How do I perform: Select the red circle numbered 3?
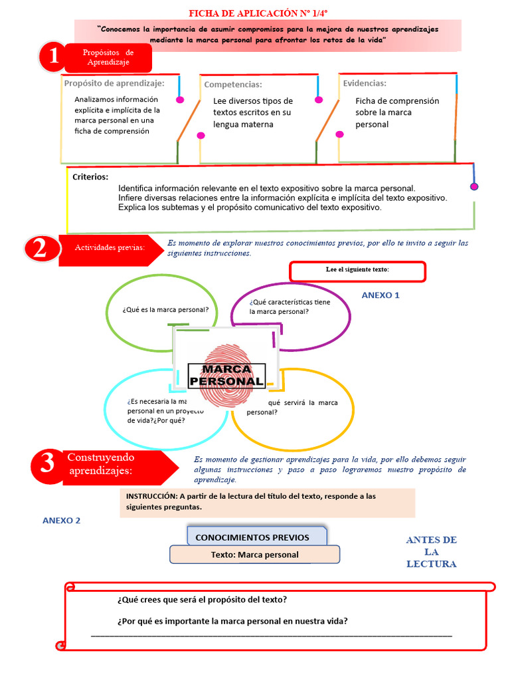[47, 464]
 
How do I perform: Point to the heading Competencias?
[233, 84]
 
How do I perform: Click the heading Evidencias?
[365, 83]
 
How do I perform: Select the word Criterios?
[90, 177]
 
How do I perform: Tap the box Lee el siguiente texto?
[357, 271]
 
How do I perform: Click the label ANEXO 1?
[381, 295]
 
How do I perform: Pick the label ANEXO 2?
[61, 521]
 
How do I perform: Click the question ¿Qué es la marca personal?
[165, 310]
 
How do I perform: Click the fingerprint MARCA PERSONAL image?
[226, 367]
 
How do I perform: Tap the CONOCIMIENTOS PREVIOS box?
[256, 537]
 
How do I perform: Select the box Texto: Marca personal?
[254, 555]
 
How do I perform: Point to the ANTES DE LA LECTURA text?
[431, 552]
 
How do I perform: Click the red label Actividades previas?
[110, 247]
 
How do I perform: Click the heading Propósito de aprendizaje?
[114, 83]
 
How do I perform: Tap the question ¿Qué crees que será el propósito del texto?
[202, 599]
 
